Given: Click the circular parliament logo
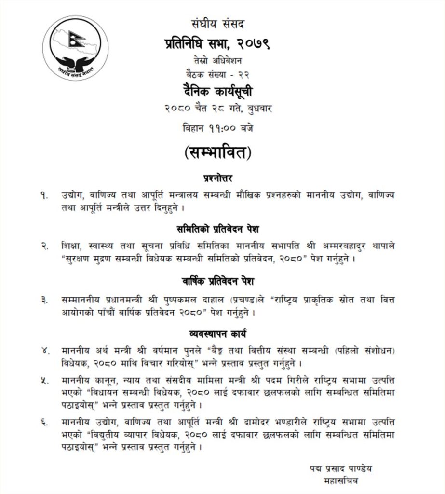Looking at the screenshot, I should pos(75,47).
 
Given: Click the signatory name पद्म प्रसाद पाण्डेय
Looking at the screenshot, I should pos(341,468).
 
